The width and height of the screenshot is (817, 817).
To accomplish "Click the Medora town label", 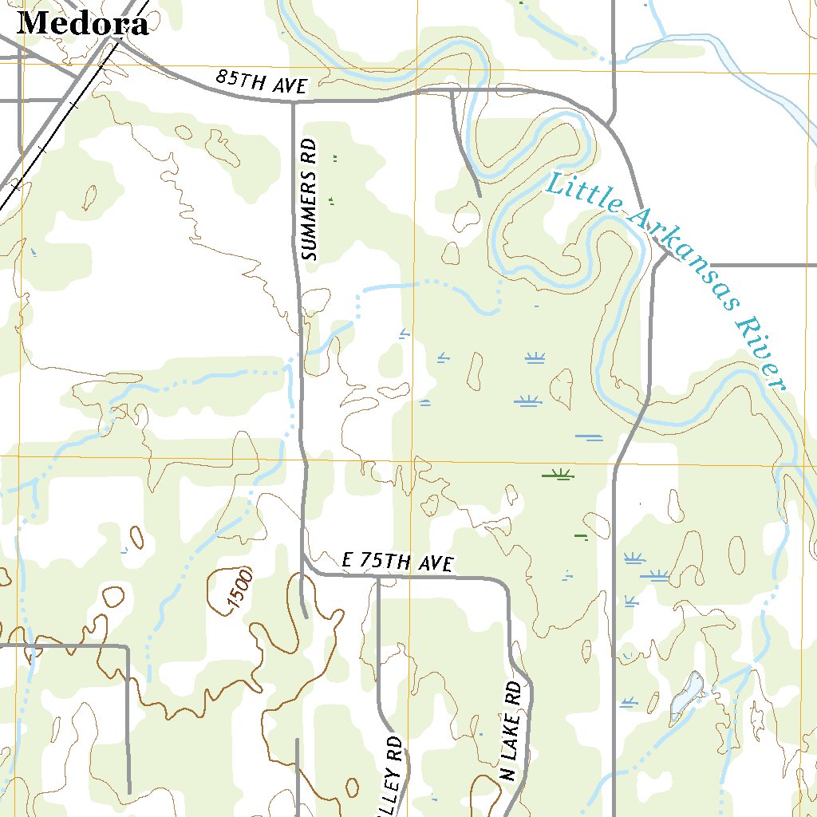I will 82,24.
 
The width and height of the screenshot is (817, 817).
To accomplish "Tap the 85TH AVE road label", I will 262,82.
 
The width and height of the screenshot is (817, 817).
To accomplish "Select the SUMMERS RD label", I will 310,199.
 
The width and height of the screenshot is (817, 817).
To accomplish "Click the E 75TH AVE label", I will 397,562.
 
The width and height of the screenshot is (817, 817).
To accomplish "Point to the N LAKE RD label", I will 512,730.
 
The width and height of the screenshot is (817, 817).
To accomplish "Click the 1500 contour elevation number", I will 239,591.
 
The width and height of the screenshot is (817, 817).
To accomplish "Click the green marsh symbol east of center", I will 557,476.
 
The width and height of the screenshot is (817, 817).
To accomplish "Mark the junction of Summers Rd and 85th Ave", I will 293,102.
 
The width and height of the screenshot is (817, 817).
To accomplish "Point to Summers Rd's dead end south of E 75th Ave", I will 306,617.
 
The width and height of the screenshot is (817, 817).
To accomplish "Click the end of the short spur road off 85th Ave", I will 480,195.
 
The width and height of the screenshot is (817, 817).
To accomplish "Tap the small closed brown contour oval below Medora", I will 89,196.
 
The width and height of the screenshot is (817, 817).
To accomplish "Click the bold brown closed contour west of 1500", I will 114,595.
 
